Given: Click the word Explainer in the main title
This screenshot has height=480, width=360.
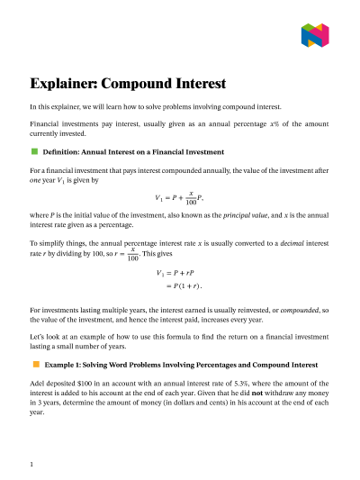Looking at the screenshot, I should click(62, 85).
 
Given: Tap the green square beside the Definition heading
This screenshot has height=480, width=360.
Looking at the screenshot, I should click(35, 150).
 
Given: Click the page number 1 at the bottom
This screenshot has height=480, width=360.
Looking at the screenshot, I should click(31, 464).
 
